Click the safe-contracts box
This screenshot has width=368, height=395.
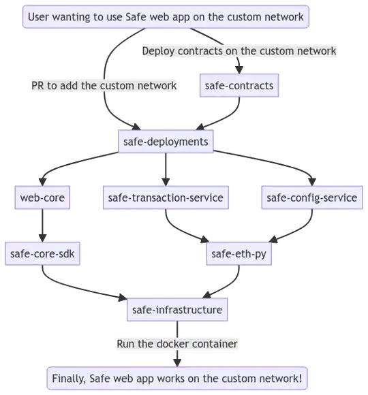[x=239, y=85]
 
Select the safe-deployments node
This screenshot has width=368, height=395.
[x=166, y=142]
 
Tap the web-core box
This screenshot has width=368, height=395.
[x=42, y=197]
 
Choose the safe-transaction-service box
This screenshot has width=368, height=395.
[x=166, y=197]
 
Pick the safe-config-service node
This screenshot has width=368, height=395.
[x=312, y=197]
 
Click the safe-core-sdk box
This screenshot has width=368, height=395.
[x=42, y=253]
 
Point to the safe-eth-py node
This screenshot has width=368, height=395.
[x=239, y=253]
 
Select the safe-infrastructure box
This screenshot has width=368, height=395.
[x=177, y=310]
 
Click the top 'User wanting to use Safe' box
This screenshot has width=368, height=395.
[x=166, y=16]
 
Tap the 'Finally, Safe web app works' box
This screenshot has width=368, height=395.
[x=177, y=379]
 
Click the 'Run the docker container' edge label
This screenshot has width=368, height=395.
[x=177, y=344]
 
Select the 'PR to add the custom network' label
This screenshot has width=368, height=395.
[x=104, y=86]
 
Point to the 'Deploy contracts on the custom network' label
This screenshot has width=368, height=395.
[x=239, y=51]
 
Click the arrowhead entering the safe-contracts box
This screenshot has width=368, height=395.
[x=239, y=70]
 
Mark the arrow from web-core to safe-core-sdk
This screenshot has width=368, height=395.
[x=42, y=225]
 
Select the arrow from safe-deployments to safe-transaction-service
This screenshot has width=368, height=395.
[x=166, y=170]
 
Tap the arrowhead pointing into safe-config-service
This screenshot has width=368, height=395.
[x=312, y=182]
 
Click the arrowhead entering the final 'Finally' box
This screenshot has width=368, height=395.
[x=177, y=363]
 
